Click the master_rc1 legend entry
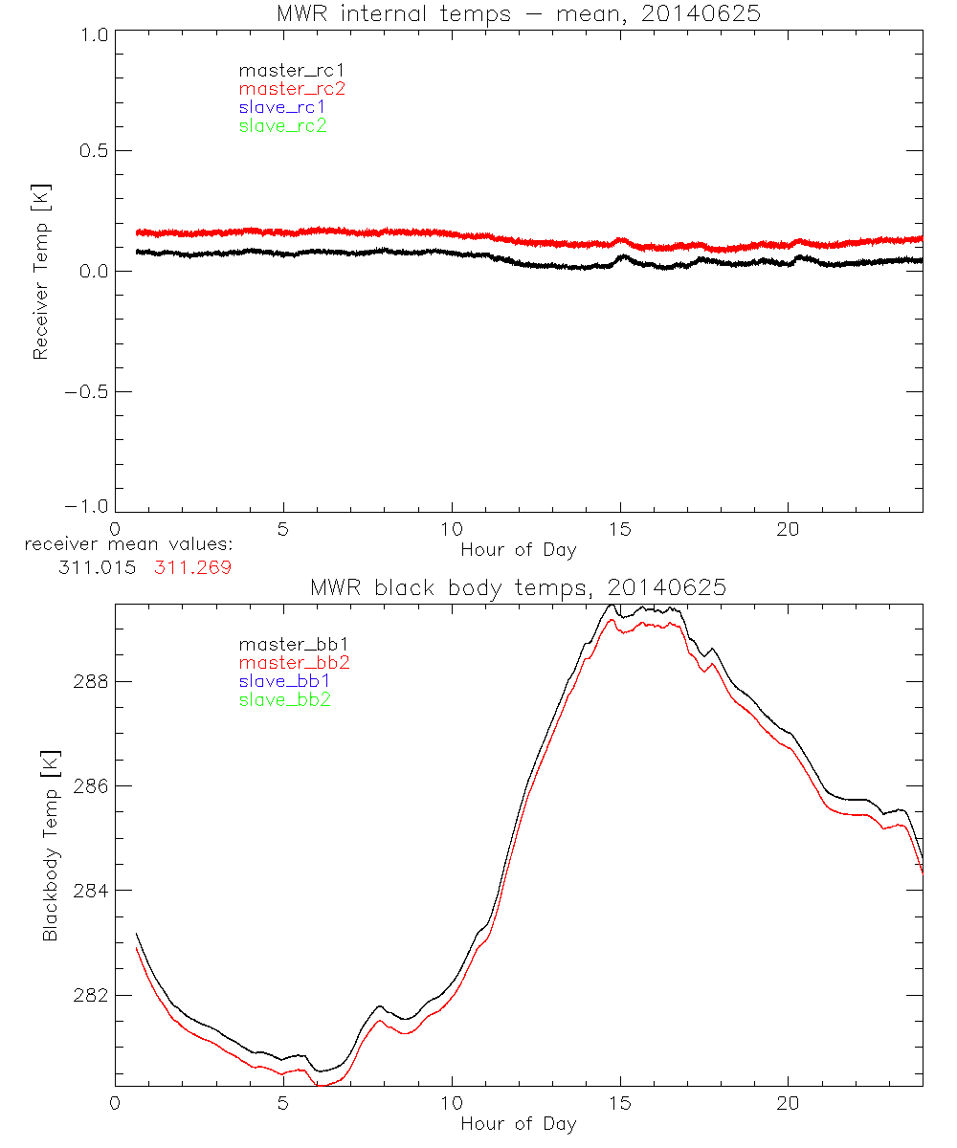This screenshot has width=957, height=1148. [x=282, y=70]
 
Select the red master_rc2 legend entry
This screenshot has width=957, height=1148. [x=292, y=88]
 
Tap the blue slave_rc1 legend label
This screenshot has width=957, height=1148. [x=282, y=107]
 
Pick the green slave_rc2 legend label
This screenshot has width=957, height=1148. [x=282, y=125]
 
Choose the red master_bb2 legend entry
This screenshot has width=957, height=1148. [x=292, y=662]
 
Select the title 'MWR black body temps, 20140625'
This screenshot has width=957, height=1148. [x=518, y=588]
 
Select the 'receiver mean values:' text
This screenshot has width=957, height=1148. [x=130, y=545]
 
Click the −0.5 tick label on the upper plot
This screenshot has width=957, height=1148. [x=82, y=391]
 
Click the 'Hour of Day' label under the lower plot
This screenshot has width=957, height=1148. [x=518, y=1123]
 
